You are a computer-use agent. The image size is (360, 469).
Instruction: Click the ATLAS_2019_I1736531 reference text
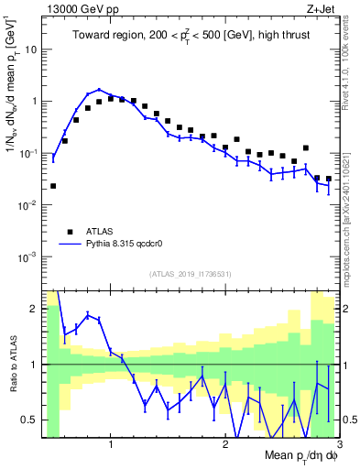(x=190, y=274)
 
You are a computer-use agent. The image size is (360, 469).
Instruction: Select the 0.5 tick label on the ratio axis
(x=29, y=420)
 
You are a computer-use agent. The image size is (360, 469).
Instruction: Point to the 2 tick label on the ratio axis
(x=34, y=309)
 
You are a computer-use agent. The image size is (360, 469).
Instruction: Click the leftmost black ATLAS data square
(x=53, y=186)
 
